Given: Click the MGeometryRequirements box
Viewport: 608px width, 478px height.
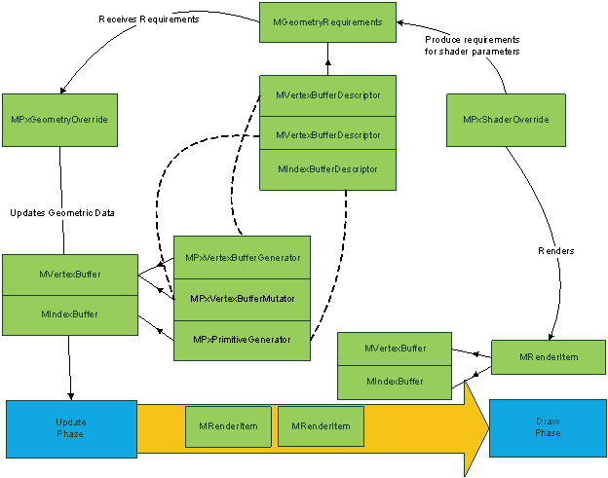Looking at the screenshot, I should pyautogui.click(x=327, y=22).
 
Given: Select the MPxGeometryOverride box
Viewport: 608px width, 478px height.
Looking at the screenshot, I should pyautogui.click(x=59, y=120).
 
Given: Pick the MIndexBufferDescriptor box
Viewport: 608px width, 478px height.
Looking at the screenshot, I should pyautogui.click(x=327, y=169).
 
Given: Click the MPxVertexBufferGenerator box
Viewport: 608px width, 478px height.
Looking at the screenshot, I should pyautogui.click(x=242, y=258).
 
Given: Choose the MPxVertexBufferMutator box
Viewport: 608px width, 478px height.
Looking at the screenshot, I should pyautogui.click(x=242, y=297).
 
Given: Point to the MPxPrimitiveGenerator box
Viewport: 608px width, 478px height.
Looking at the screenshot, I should pyautogui.click(x=242, y=339).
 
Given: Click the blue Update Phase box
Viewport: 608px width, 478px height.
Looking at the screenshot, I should pyautogui.click(x=71, y=427).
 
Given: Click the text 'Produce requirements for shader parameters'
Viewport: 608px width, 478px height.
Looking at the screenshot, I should pyautogui.click(x=472, y=45).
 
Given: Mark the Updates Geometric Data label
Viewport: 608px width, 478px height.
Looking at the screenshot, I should pyautogui.click(x=57, y=212).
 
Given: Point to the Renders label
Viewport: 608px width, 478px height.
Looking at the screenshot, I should pyautogui.click(x=556, y=251).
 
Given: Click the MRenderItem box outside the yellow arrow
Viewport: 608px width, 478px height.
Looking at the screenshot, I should pyautogui.click(x=548, y=357).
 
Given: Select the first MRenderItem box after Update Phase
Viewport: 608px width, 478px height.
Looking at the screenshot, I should pyautogui.click(x=228, y=426).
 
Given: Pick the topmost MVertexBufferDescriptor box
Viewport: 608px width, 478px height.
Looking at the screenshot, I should pyautogui.click(x=327, y=96).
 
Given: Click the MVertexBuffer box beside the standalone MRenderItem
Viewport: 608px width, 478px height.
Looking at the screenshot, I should pyautogui.click(x=395, y=348).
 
